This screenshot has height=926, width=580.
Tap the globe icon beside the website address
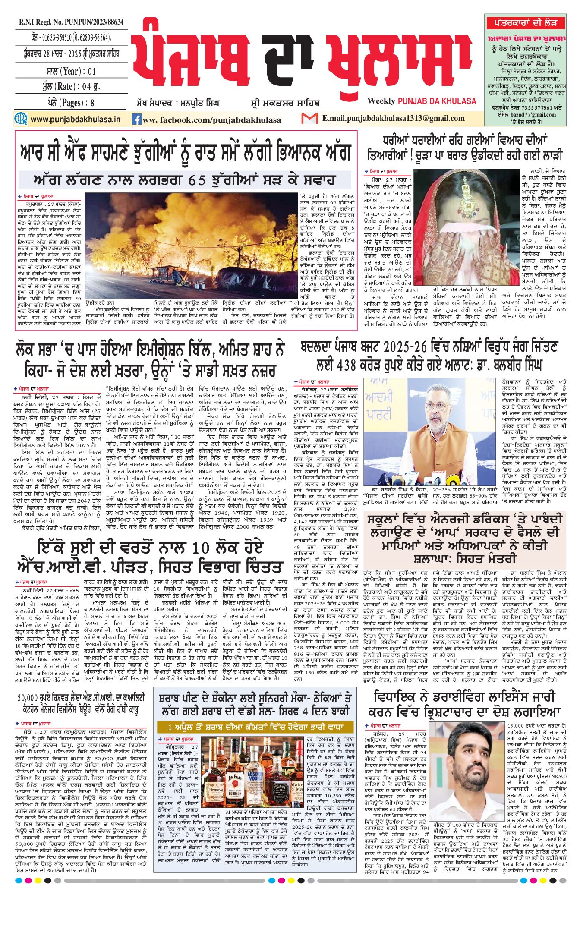coord(21,119)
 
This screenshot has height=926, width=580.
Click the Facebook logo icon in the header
coord(137,119)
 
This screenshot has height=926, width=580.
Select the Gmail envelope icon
coord(309,118)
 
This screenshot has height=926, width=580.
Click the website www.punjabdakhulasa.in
coord(75,119)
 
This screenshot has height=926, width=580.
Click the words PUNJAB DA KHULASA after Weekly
coord(437,101)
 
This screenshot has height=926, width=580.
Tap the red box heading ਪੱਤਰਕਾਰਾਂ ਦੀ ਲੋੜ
coord(525,22)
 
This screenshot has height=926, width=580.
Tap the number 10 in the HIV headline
coord(199,548)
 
